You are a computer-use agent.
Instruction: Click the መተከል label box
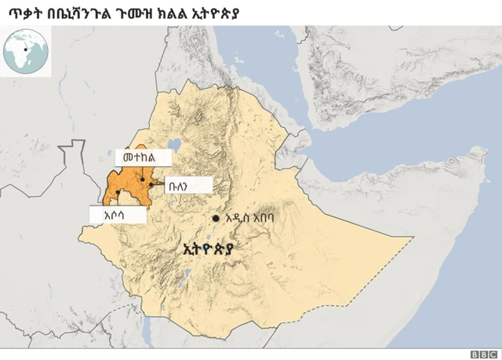click(x=142, y=158)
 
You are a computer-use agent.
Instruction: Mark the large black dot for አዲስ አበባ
click(x=215, y=217)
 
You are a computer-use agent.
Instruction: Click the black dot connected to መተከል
click(x=141, y=180)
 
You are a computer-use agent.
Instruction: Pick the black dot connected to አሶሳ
click(x=117, y=191)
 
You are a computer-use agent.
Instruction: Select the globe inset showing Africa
click(x=26, y=49)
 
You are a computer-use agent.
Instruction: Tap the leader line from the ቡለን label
click(x=158, y=185)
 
